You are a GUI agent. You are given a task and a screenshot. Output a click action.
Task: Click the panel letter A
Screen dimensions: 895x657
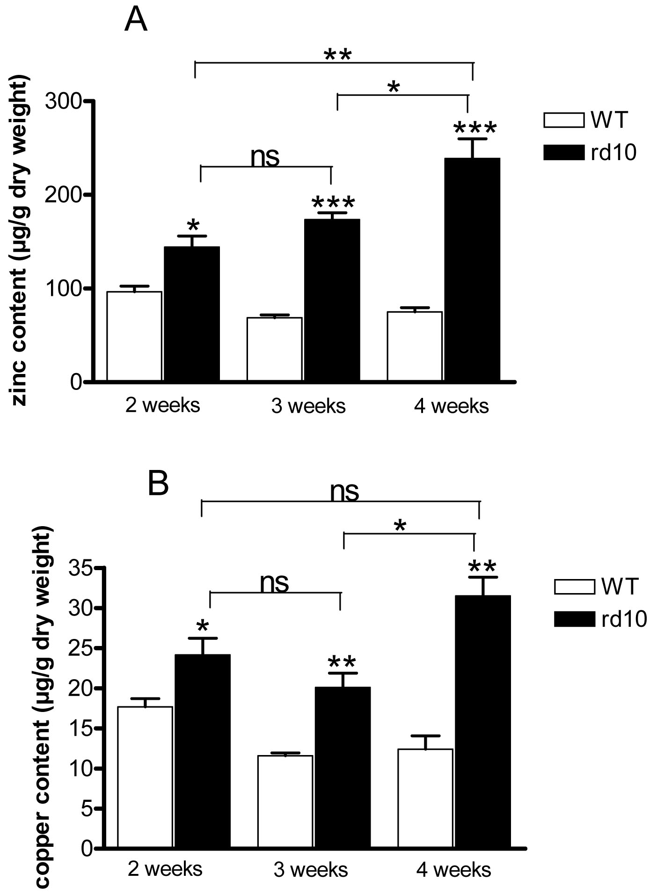(x=136, y=21)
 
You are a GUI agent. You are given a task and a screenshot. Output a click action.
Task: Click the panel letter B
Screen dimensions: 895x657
(x=158, y=485)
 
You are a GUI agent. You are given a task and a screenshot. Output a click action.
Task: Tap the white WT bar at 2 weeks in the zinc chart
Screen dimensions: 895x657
(x=134, y=336)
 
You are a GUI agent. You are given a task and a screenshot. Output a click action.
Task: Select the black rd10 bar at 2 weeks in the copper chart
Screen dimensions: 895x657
(x=202, y=750)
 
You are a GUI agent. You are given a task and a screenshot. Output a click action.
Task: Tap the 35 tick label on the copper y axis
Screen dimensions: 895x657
(x=81, y=568)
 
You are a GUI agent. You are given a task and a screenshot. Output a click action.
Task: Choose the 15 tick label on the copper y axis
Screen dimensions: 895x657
(x=81, y=728)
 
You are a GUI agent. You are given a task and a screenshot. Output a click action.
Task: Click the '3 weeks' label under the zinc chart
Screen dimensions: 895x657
(x=308, y=406)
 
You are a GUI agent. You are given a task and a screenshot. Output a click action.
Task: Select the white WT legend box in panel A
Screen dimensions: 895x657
(x=563, y=120)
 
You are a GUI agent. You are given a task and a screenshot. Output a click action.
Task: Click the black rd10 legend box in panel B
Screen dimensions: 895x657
(x=574, y=619)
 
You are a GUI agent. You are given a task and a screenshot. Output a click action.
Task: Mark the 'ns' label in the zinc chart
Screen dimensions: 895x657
(x=265, y=157)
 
